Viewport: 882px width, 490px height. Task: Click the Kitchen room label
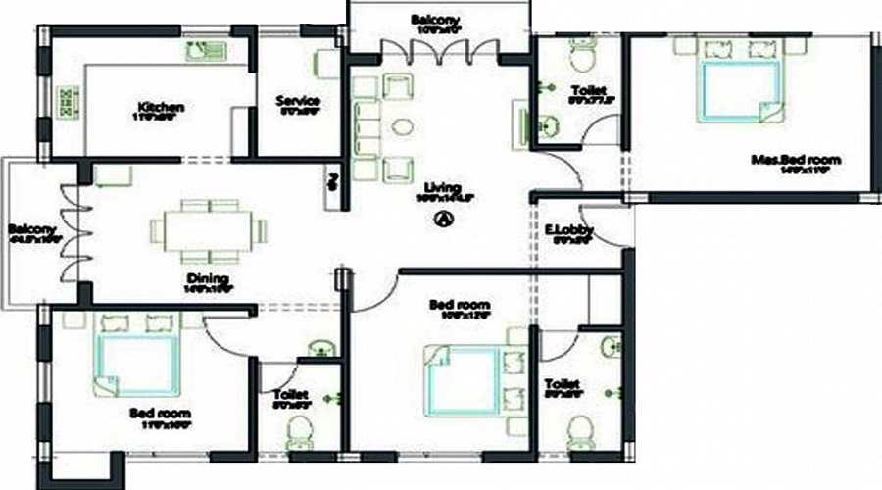(x=161, y=107)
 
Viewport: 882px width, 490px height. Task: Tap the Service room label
(x=298, y=101)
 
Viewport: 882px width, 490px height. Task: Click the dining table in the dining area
(x=209, y=231)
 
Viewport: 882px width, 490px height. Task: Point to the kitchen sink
(x=206, y=49)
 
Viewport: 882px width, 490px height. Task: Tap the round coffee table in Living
(x=402, y=126)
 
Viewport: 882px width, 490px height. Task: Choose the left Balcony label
(x=30, y=232)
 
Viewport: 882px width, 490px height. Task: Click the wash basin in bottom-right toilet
(x=612, y=346)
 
